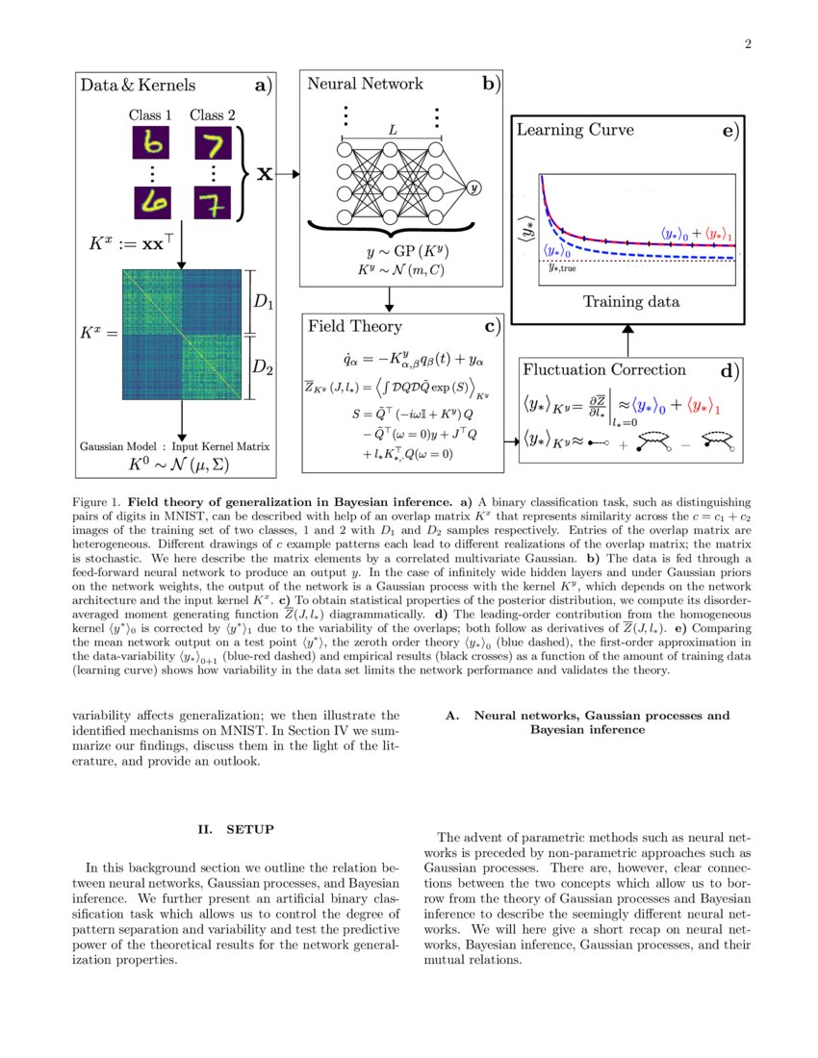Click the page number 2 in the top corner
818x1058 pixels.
click(x=747, y=44)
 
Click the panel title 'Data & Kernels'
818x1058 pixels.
click(x=138, y=86)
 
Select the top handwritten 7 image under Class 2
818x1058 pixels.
click(x=213, y=145)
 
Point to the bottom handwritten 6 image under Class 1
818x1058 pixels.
click(x=151, y=203)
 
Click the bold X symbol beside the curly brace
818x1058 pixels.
click(x=263, y=174)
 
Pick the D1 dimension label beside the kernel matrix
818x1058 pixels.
click(x=263, y=301)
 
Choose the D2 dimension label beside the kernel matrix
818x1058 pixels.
click(x=263, y=365)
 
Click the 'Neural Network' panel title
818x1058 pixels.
click(x=365, y=84)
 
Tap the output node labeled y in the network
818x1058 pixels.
click(x=473, y=189)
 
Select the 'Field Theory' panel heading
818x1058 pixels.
click(x=355, y=326)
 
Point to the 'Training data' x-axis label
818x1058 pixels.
click(x=630, y=301)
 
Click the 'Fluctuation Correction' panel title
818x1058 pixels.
click(x=603, y=369)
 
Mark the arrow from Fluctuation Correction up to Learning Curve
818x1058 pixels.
click(x=627, y=339)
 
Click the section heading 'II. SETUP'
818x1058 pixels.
click(x=236, y=829)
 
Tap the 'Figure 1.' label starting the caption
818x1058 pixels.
click(x=97, y=501)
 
